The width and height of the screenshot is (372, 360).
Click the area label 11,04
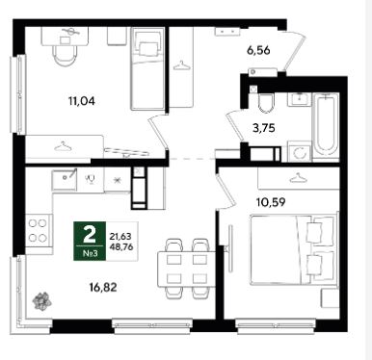coord(82,101)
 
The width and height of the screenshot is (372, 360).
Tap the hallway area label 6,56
coord(258,50)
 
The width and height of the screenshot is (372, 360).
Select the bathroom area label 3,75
coord(264,128)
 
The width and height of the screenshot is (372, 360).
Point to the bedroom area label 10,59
coord(271,202)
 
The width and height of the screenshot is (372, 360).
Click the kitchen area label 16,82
coord(103,287)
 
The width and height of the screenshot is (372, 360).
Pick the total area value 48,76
coord(120,246)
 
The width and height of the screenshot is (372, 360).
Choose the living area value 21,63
coord(120,237)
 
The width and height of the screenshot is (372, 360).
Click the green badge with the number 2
coord(90,241)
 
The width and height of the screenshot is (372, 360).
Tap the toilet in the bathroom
coord(266,102)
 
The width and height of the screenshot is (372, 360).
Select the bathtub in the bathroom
coord(326,127)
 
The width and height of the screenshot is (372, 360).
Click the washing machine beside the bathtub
coord(300,151)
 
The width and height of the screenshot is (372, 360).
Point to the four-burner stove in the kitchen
coord(39,230)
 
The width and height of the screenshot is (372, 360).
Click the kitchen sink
coord(65,179)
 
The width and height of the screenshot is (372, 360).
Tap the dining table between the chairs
coord(186,269)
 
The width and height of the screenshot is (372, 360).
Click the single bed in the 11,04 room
coord(147,68)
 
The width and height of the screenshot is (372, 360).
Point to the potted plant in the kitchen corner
coord(41,301)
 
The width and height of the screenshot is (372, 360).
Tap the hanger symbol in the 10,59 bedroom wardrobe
coord(298,178)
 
